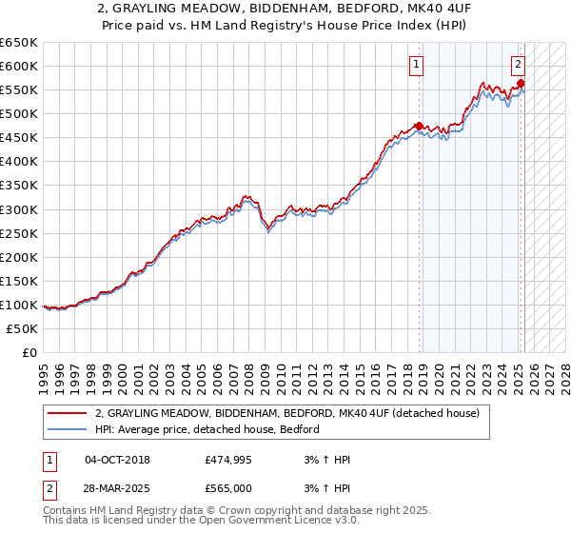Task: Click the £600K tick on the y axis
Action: point(18,66)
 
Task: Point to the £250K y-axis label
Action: point(18,233)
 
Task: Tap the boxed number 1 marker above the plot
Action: point(417,65)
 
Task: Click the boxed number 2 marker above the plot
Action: point(518,65)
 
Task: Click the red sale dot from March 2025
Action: point(522,83)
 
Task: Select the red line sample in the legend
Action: point(68,413)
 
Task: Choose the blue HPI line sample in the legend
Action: point(68,429)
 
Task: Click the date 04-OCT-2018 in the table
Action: point(117,460)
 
